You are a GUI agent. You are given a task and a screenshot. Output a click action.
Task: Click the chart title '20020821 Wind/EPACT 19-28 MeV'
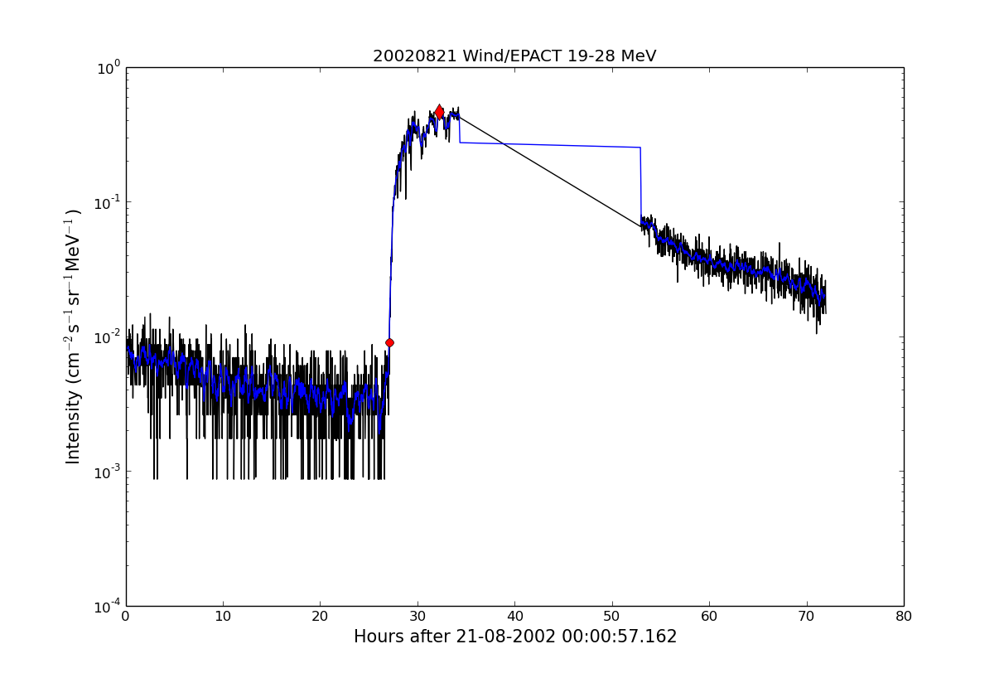click(514, 56)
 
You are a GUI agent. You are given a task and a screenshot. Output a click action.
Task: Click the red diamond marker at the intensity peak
click(439, 112)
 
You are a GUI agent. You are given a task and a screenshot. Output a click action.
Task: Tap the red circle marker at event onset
click(389, 342)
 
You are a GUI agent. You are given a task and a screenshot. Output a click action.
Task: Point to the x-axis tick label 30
click(418, 617)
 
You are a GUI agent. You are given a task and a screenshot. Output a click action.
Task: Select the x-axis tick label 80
click(904, 617)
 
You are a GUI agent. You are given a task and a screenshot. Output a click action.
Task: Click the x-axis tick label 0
click(126, 617)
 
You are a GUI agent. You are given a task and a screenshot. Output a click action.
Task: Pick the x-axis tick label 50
click(612, 617)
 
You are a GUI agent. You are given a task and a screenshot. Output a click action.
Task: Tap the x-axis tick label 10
click(223, 617)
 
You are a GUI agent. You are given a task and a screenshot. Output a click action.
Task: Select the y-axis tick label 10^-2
click(109, 337)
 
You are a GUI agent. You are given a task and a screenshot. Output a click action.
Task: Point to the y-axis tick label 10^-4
click(109, 606)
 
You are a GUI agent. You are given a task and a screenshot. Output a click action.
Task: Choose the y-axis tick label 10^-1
click(109, 202)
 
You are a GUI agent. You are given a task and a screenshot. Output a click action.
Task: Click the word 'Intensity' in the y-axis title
click(74, 427)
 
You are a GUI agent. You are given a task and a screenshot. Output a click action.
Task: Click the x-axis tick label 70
click(807, 617)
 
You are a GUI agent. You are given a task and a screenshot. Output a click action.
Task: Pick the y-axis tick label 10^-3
click(109, 472)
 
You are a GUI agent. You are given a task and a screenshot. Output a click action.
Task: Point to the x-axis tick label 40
click(514, 617)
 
